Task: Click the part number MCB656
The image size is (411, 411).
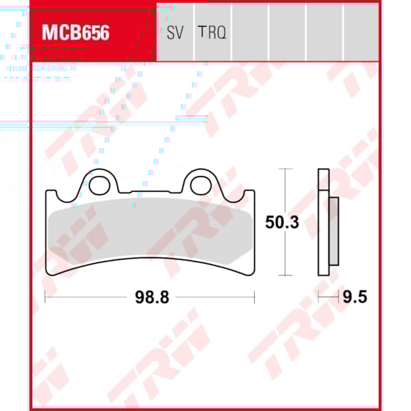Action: tap(76, 33)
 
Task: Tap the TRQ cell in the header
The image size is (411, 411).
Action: tap(212, 32)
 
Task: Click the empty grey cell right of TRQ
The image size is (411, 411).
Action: tap(249, 32)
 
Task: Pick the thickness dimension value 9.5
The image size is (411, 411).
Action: tap(356, 297)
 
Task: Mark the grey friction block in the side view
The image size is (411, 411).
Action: tap(334, 232)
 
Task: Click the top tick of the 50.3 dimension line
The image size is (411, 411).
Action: tap(285, 169)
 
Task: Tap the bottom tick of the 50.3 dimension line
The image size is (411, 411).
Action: tap(285, 276)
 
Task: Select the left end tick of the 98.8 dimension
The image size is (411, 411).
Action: tap(45, 296)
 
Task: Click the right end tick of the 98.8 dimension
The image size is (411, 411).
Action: tap(254, 296)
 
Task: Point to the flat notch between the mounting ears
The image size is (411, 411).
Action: tap(151, 191)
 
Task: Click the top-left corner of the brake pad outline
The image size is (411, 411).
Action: tap(47, 192)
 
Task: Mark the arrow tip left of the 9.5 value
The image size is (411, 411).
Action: tap(340, 296)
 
